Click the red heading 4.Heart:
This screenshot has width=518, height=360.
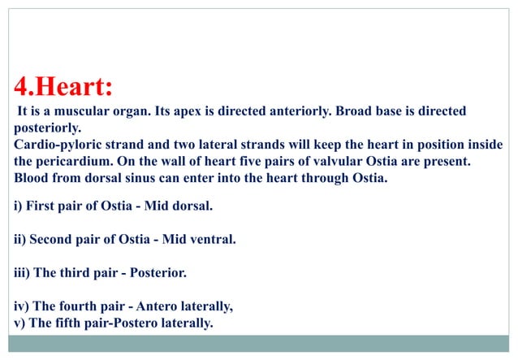pyautogui.click(x=63, y=86)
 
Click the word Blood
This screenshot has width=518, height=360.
pyautogui.click(x=32, y=178)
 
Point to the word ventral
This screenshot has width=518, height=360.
pyautogui.click(x=213, y=240)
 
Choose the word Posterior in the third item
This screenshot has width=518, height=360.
pyautogui.click(x=157, y=273)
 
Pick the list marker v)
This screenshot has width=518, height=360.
pyautogui.click(x=20, y=323)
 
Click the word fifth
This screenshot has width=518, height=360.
pyautogui.click(x=71, y=323)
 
